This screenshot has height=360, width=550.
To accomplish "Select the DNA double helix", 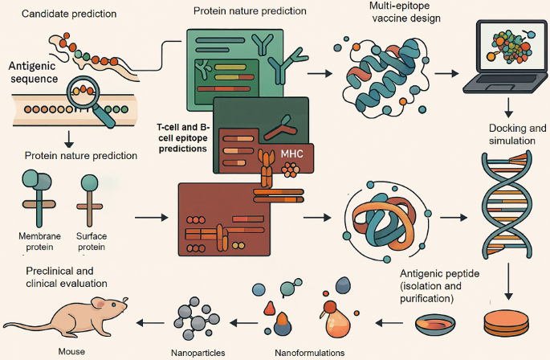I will (505, 205).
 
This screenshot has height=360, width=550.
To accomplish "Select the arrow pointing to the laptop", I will (446, 73).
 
